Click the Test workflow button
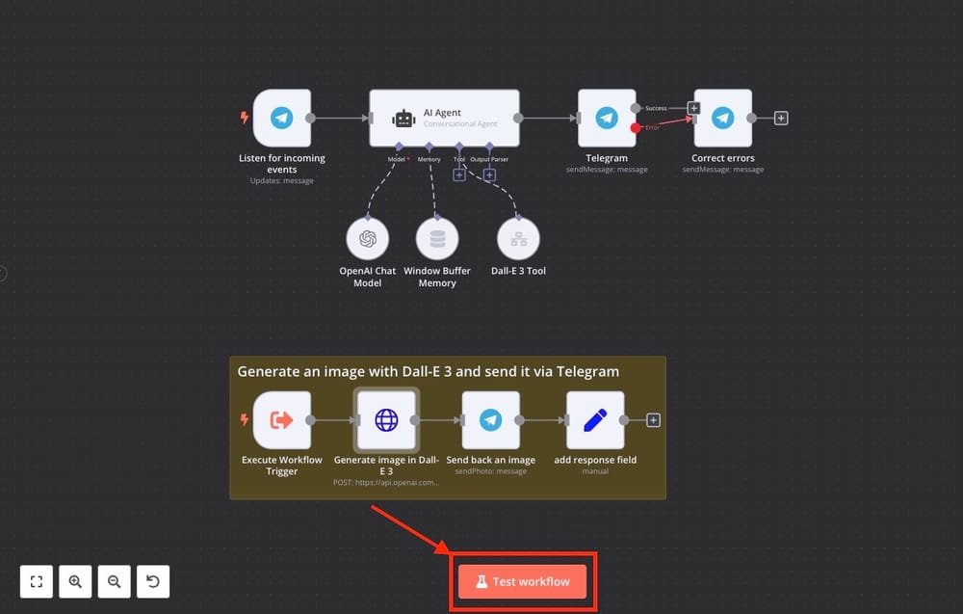[522, 581]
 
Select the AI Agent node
[444, 118]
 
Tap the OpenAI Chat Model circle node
[367, 238]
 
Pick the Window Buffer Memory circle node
[437, 238]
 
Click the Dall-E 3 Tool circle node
[518, 238]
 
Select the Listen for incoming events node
[282, 118]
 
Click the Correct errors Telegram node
[723, 118]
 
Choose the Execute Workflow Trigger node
[282, 420]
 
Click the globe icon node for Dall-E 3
[386, 420]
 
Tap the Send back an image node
[491, 420]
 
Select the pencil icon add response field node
[595, 420]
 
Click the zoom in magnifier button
[75, 581]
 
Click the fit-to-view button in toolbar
[37, 581]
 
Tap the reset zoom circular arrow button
[153, 581]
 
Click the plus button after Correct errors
[781, 118]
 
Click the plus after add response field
[653, 420]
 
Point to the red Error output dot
[636, 128]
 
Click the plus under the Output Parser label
[489, 175]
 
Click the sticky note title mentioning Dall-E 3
[429, 372]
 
